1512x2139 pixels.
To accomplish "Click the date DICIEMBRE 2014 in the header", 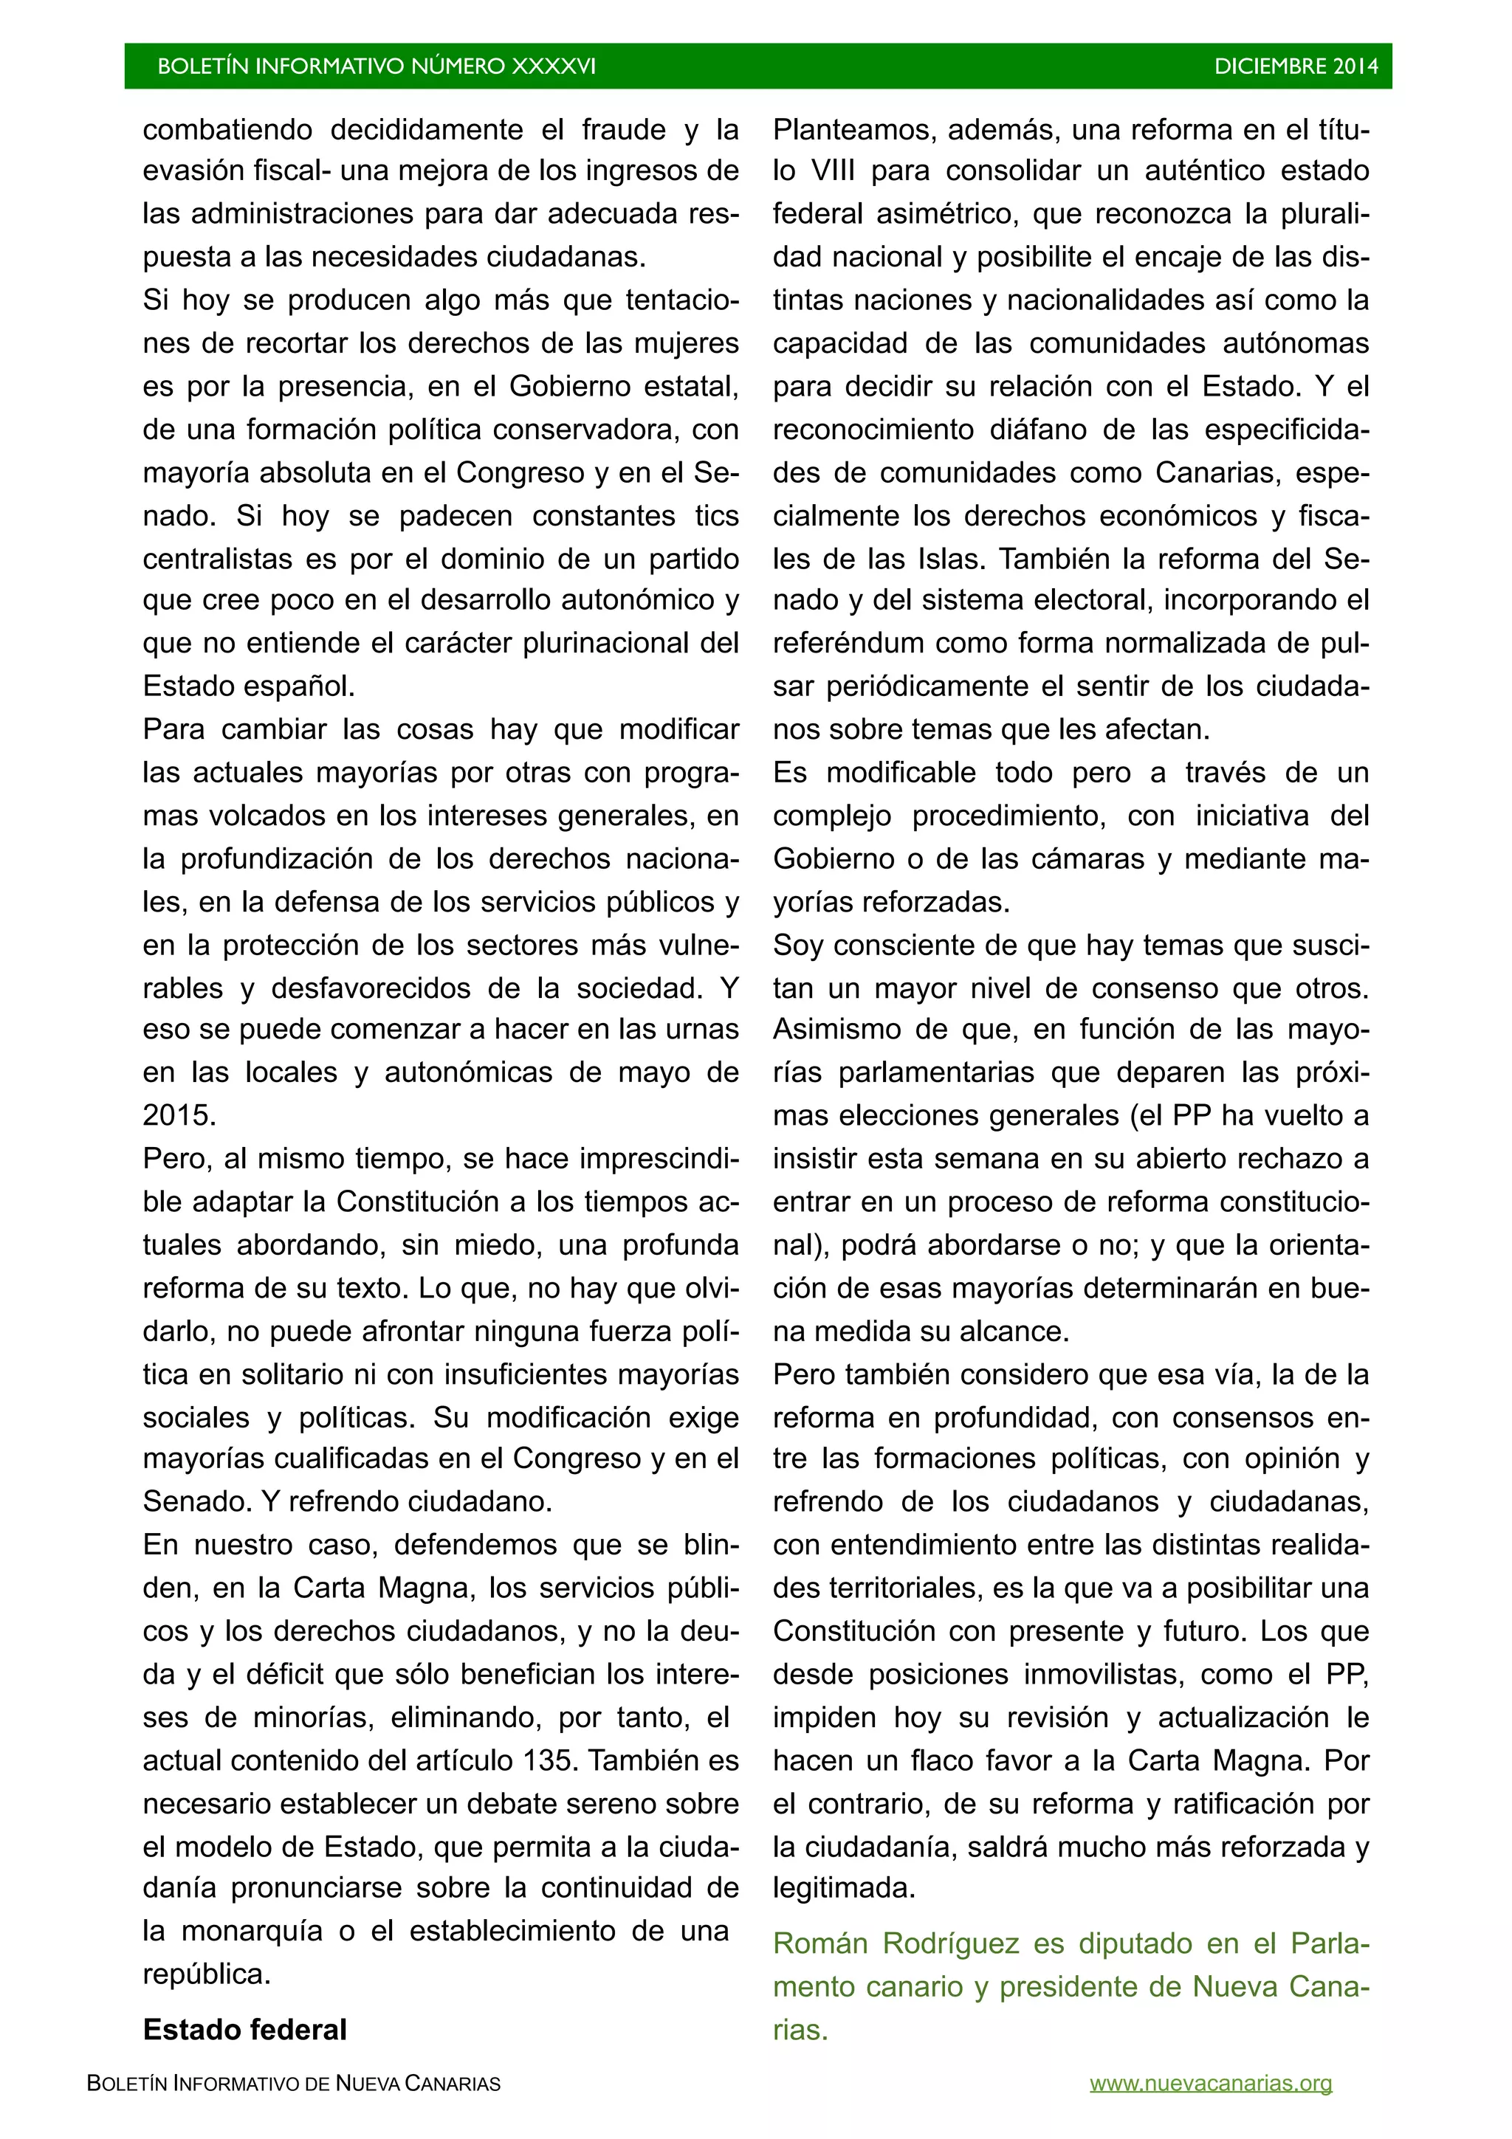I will (x=1295, y=66).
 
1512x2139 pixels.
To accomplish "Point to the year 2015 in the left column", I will (x=179, y=1115).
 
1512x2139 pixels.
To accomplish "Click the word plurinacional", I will (x=606, y=644).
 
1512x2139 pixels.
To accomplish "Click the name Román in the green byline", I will (x=819, y=1944).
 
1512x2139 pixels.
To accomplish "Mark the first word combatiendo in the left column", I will (x=228, y=128).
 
